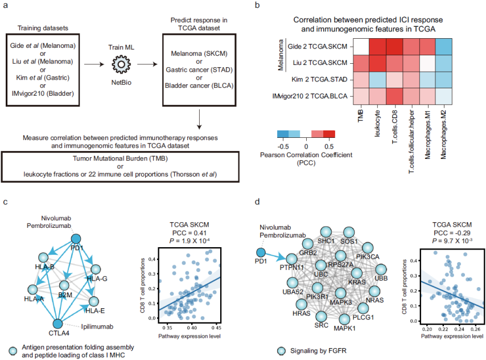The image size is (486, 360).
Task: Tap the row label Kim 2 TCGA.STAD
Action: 318,80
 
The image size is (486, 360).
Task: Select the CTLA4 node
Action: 57,324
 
